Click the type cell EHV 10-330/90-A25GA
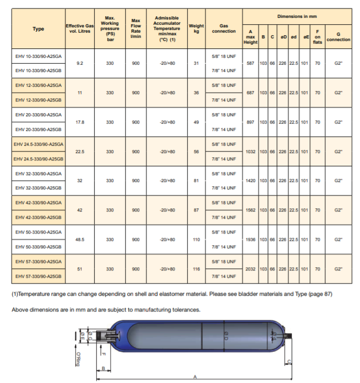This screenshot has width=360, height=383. (38, 56)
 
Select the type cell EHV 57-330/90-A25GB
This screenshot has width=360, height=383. (38, 276)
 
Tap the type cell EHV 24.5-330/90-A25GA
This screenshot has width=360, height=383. (38, 144)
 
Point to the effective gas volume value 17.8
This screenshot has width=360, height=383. (80, 122)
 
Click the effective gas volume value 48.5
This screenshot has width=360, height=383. (80, 239)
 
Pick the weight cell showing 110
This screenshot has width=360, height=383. (196, 239)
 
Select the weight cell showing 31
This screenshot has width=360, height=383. (196, 63)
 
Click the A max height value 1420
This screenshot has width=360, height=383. (251, 180)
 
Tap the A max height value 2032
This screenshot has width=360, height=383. (251, 269)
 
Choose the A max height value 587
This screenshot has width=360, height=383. (251, 63)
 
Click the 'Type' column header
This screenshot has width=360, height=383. (38, 29)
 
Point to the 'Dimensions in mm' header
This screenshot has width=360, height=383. (297, 17)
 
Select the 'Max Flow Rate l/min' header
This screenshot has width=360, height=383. (136, 29)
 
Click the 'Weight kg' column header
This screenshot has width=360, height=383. (196, 29)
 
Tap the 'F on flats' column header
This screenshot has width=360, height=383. (317, 37)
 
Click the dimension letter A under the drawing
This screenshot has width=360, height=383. (195, 377)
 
